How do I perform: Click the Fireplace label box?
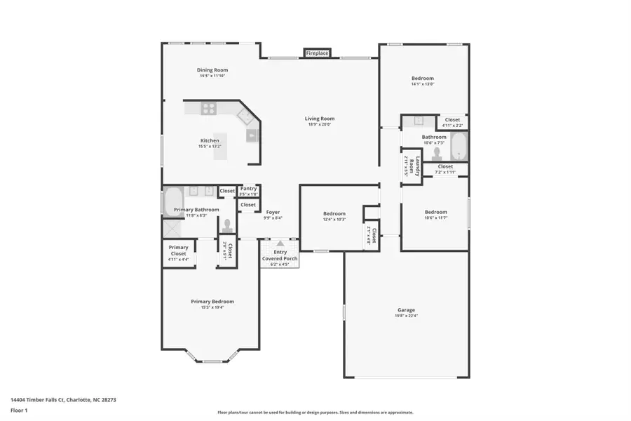tap(317, 53)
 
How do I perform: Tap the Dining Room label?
tap(212, 70)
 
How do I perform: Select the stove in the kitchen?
tap(209, 108)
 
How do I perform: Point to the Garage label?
tap(406, 310)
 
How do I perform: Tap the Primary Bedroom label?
tap(212, 302)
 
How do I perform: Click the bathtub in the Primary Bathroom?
tap(173, 202)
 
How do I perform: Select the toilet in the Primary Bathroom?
tap(226, 225)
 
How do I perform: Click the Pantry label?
tap(248, 189)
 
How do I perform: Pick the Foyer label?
tap(273, 212)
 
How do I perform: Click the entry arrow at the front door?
tap(280, 243)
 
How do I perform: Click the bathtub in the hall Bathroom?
tap(459, 147)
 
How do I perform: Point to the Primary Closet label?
tap(178, 250)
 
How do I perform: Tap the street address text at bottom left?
tap(62, 399)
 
